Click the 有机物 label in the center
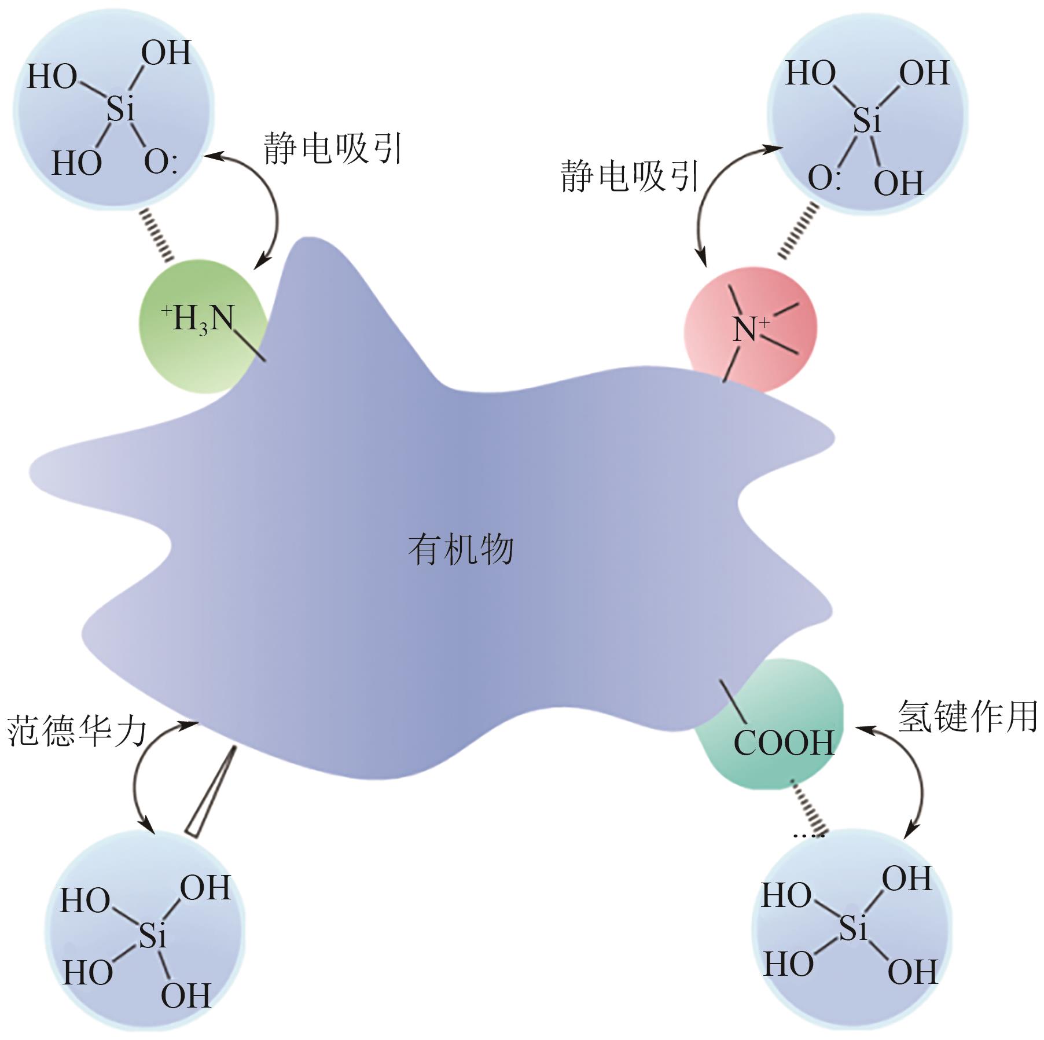461,549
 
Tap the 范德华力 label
77,731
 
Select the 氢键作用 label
967,716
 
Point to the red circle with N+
750,329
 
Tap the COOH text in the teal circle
784,743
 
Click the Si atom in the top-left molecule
120,108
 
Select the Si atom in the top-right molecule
866,120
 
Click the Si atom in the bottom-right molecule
853,928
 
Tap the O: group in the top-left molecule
160,163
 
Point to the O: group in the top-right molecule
824,178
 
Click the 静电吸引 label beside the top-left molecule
332,149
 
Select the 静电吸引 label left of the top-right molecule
630,177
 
